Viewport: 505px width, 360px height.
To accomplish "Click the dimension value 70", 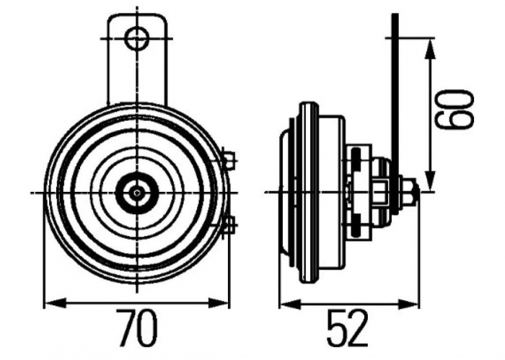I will (x=137, y=329).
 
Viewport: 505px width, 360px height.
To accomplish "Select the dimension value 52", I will (x=348, y=329).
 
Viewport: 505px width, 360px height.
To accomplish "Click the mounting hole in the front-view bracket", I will (x=136, y=38).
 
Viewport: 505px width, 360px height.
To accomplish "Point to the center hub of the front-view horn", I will (x=136, y=192).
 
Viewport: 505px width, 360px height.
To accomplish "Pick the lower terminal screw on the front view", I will (x=228, y=225).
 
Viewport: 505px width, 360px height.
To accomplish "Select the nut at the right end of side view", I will (x=408, y=192).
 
